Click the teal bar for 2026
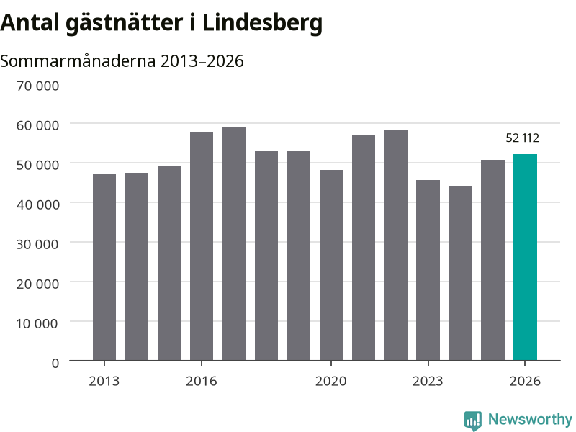click(525, 257)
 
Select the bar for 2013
click(104, 267)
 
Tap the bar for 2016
click(202, 246)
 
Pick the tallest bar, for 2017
click(234, 244)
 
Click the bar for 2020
click(331, 265)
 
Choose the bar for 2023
click(428, 271)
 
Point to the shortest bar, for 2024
click(460, 274)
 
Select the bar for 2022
click(396, 245)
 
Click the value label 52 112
click(523, 138)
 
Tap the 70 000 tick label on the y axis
click(37, 86)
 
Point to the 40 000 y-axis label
click(37, 204)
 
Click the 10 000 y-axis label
click(37, 323)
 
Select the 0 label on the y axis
click(55, 364)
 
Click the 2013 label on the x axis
click(104, 382)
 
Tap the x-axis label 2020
click(331, 382)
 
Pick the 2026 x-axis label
click(525, 382)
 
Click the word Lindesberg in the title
click(262, 23)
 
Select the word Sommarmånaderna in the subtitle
click(78, 61)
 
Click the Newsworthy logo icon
click(473, 420)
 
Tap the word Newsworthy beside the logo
click(530, 419)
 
